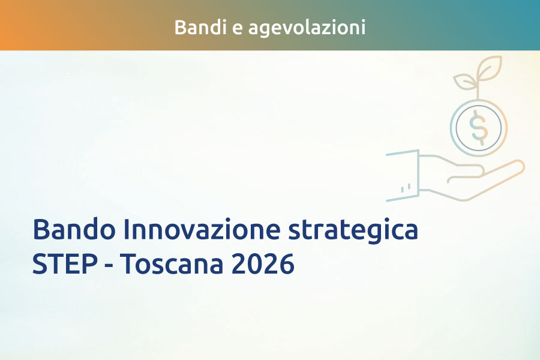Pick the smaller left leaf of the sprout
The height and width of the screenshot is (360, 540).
coord(464,81)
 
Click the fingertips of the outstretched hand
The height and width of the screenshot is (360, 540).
coord(517,166)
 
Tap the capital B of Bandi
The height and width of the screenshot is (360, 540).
coord(179,27)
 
